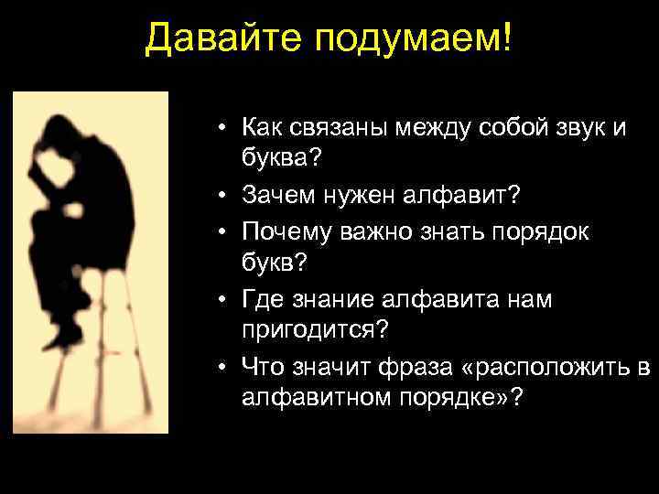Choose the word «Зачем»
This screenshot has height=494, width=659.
point(278,193)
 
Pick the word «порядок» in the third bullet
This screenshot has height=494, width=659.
point(545,228)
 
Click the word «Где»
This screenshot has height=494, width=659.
point(262,298)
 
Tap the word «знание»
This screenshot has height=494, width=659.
point(331,298)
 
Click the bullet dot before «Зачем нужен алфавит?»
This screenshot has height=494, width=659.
point(224,194)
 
